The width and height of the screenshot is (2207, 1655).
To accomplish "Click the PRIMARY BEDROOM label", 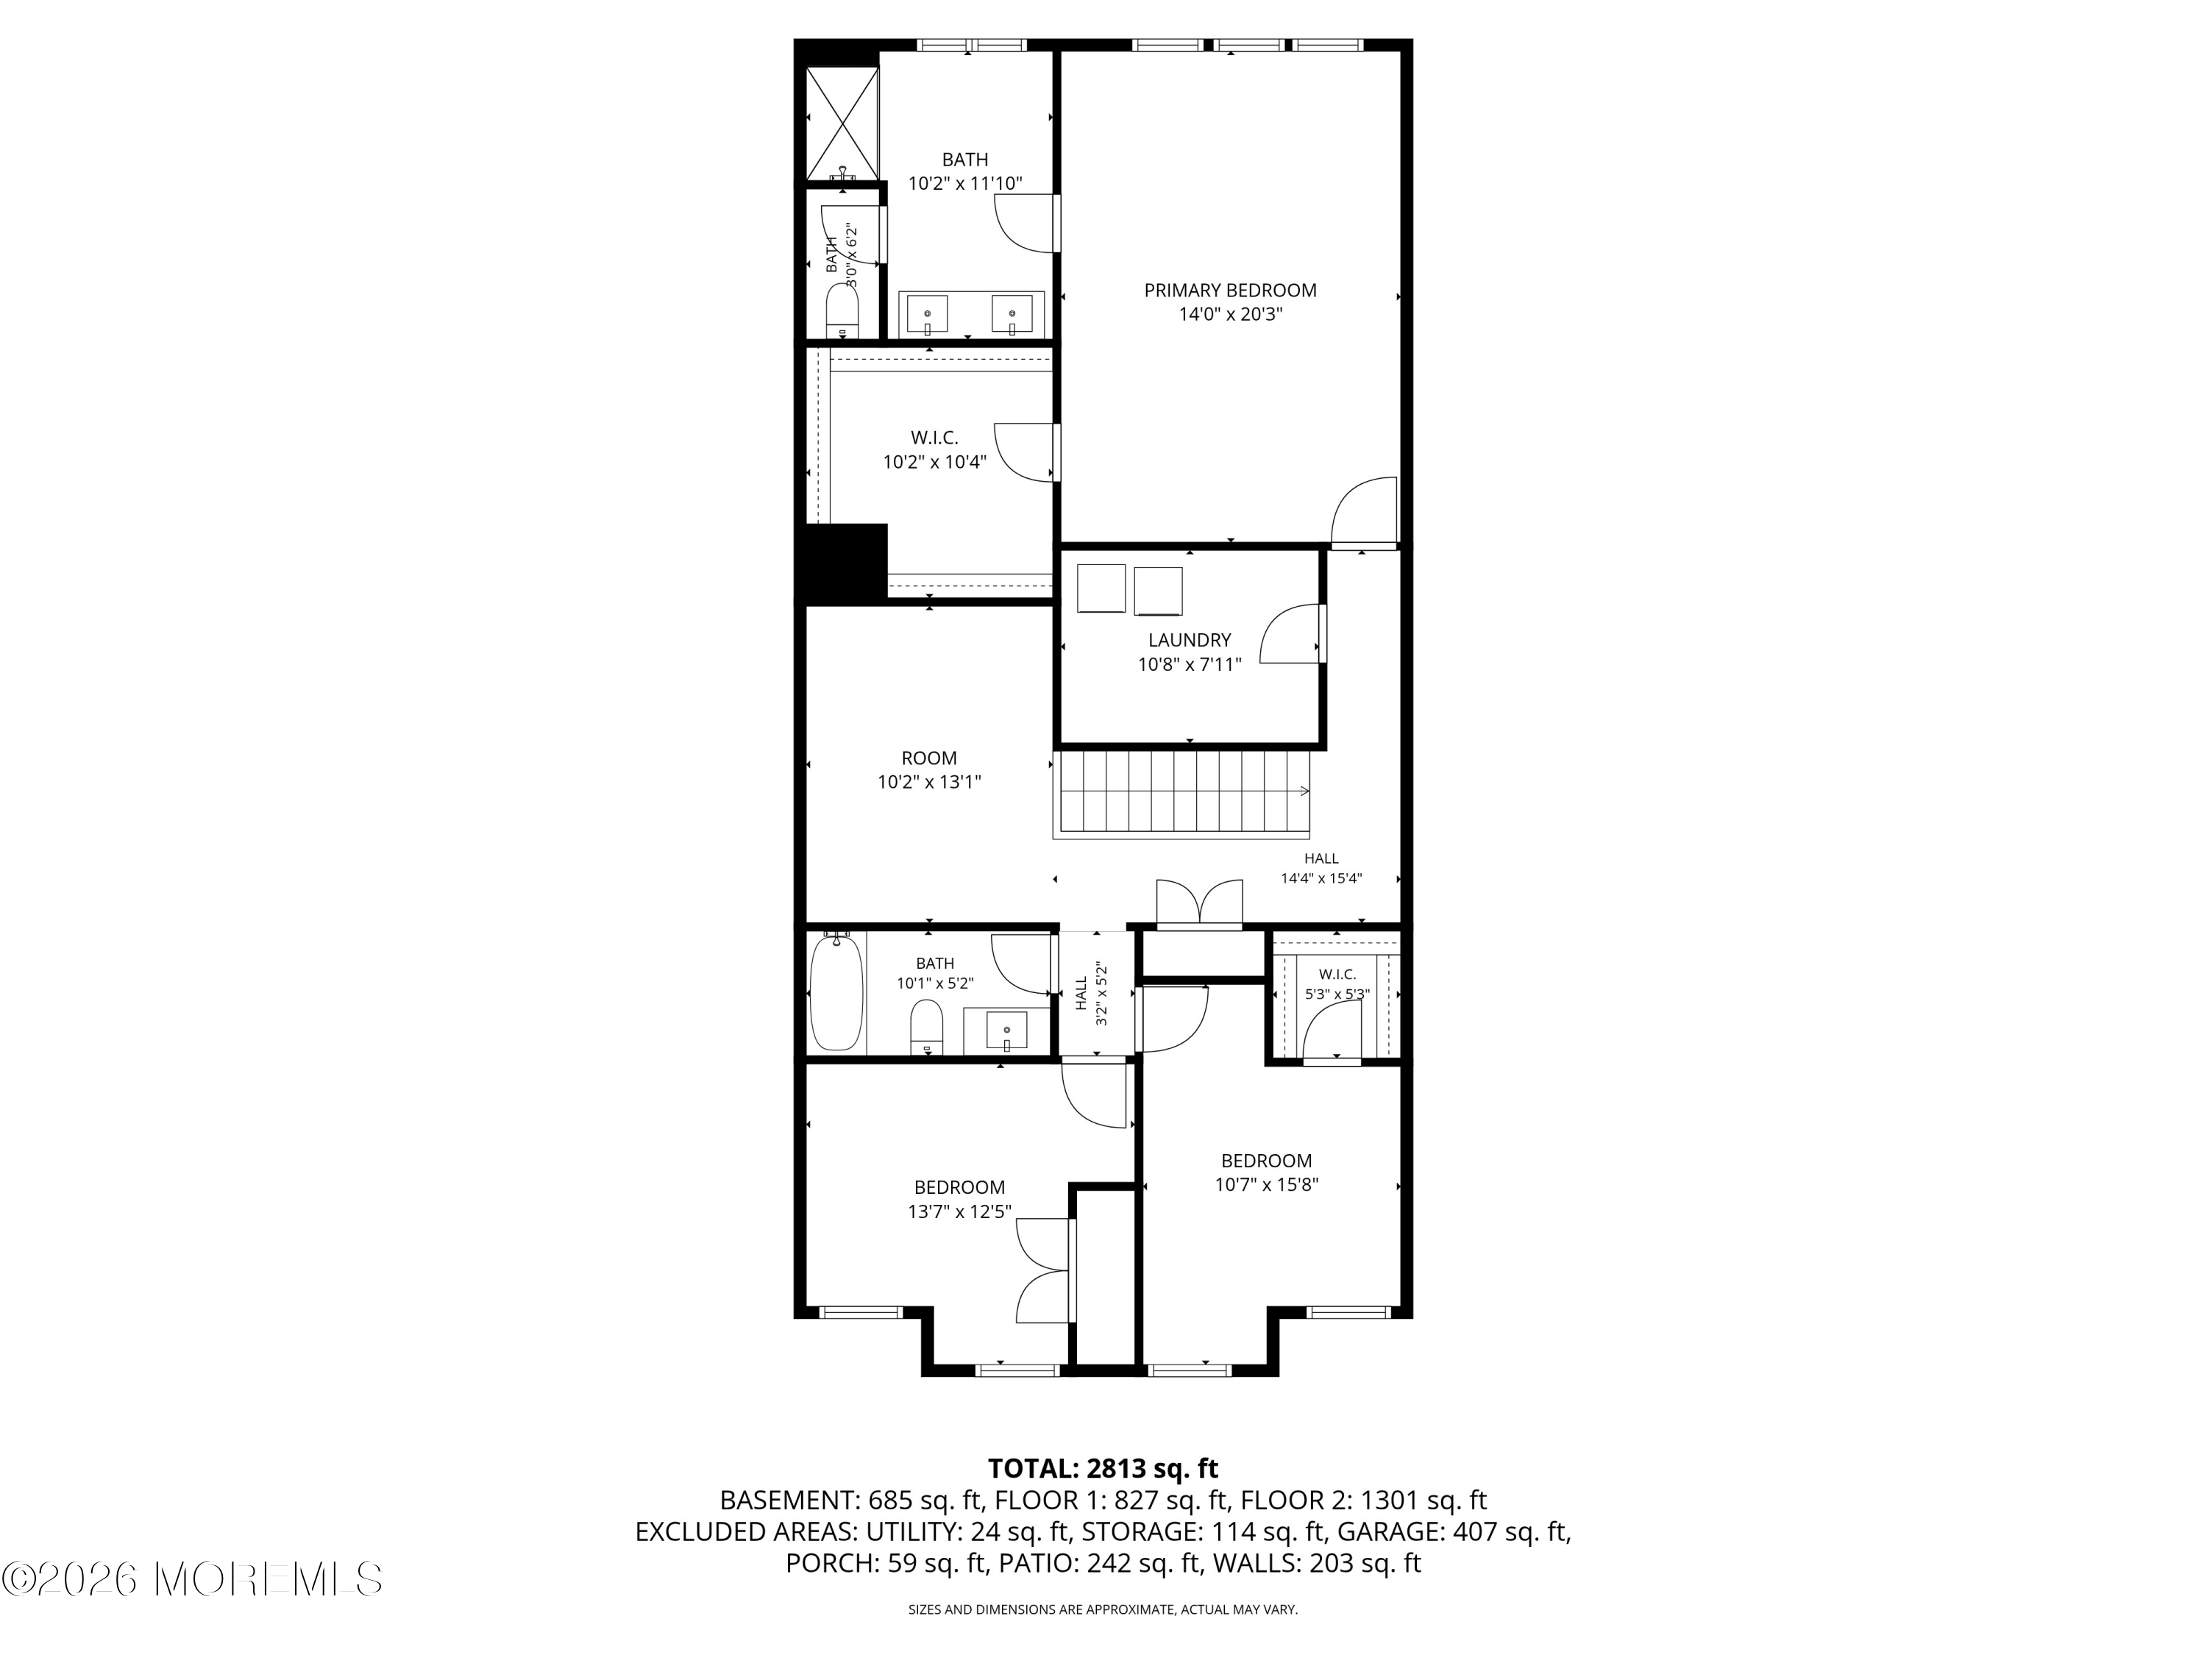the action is tap(1229, 291).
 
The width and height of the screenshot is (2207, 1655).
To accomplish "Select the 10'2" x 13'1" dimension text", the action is tap(929, 782).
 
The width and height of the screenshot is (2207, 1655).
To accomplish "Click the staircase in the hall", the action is tap(1182, 793).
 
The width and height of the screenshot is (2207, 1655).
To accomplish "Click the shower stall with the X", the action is tap(842, 124).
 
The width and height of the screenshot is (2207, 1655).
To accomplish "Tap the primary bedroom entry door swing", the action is tap(1365, 512).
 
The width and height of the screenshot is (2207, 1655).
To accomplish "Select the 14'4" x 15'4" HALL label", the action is tap(1321, 869).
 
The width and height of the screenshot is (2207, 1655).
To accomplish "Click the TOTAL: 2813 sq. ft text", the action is tap(1103, 1468).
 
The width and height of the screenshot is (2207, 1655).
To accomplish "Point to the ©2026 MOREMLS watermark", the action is tap(191, 1579).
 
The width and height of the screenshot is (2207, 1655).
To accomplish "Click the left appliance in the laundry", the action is tap(1101, 588).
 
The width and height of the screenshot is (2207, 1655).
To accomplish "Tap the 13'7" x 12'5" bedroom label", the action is tap(959, 1199).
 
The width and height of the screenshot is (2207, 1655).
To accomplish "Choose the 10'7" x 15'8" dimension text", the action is tap(1266, 1185).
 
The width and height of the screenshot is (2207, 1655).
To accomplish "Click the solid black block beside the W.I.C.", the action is tap(846, 563).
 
